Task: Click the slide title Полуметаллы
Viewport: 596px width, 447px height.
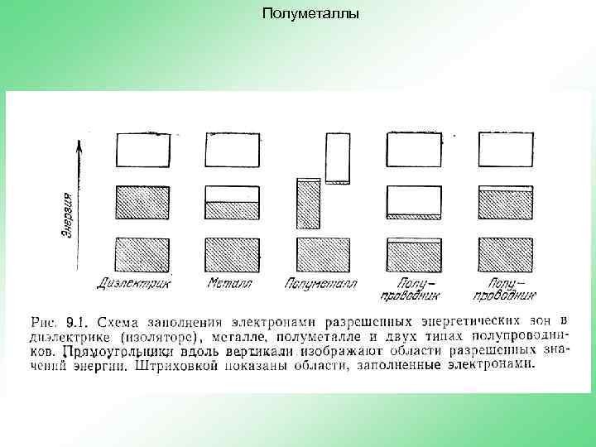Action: pyautogui.click(x=310, y=13)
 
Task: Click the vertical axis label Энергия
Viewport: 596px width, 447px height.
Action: pyautogui.click(x=72, y=217)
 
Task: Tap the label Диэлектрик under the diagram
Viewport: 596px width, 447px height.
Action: pyautogui.click(x=134, y=283)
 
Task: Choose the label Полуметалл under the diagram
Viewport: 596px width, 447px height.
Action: pyautogui.click(x=320, y=283)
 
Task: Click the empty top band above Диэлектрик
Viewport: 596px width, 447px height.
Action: pyautogui.click(x=142, y=150)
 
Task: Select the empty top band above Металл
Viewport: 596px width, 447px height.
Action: pyautogui.click(x=233, y=150)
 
